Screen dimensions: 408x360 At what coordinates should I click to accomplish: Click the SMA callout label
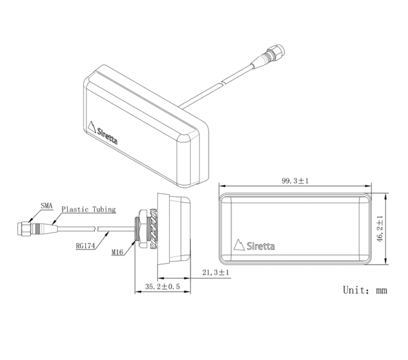[47, 206]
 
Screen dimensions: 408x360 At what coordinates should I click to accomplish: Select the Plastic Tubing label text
[88, 209]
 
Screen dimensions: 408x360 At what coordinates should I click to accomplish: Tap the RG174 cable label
[85, 246]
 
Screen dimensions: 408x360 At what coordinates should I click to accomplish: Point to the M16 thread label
[117, 252]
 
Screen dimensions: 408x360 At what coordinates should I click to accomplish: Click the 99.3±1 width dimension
[295, 181]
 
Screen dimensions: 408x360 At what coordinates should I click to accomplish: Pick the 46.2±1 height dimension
[380, 229]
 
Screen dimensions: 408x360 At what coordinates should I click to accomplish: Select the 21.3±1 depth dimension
[216, 272]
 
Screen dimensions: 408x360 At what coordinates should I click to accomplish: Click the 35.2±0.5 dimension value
[163, 287]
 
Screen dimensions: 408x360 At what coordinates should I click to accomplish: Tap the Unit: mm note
[365, 290]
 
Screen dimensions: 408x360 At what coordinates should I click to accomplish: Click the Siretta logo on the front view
[254, 245]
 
